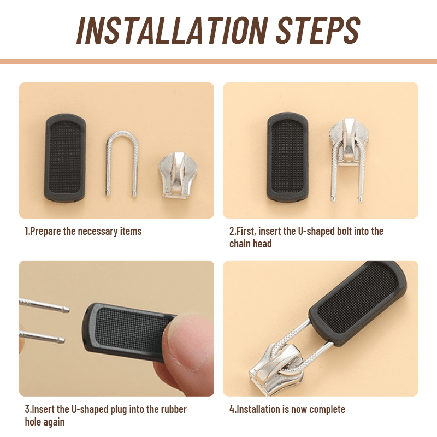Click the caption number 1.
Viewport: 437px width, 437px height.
click(27, 231)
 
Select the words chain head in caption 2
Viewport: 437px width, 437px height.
click(250, 244)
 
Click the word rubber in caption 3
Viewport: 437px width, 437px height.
click(172, 409)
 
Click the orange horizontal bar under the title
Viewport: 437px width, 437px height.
click(218, 61)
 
